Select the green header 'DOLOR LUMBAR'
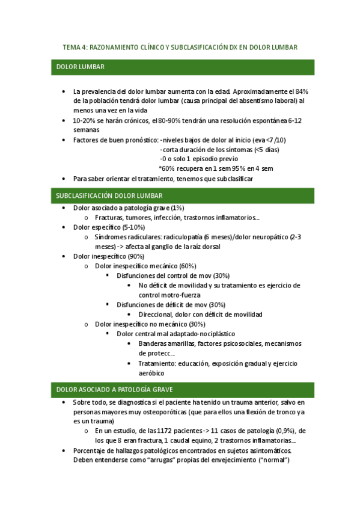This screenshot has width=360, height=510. click(x=80, y=67)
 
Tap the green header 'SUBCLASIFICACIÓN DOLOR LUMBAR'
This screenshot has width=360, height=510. click(x=109, y=195)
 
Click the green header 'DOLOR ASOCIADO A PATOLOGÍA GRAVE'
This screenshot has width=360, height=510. click(x=114, y=389)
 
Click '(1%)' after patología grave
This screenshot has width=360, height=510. click(x=178, y=207)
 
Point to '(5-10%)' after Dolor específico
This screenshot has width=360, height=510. click(x=133, y=227)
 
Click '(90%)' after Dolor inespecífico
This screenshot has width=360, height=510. click(x=139, y=256)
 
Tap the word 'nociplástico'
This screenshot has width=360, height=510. click(x=213, y=333)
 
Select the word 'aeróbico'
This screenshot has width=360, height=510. click(x=153, y=373)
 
